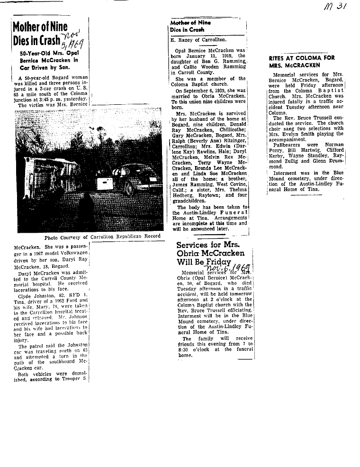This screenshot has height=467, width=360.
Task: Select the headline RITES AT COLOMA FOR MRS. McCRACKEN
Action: pos(301,61)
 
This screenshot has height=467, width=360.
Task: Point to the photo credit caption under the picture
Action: pos(102,237)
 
